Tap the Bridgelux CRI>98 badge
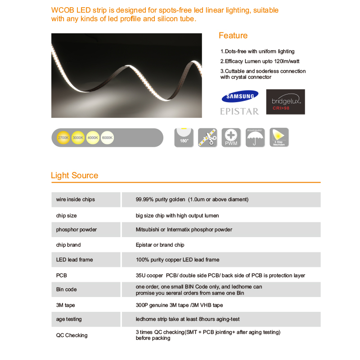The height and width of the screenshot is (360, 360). (285, 102)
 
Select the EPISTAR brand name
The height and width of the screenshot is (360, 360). (239, 111)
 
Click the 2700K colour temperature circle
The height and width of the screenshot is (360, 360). (63, 137)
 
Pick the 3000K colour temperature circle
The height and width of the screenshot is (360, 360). (78, 137)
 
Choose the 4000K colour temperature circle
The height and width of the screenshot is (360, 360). (93, 137)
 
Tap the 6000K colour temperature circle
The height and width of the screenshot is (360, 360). (107, 137)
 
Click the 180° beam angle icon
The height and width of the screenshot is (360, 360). (184, 137)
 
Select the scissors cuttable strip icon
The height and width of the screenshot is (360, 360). (207, 137)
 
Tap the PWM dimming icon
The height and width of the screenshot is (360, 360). (231, 137)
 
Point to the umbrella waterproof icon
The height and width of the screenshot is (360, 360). (255, 137)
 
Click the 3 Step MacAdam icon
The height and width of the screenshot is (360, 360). (279, 137)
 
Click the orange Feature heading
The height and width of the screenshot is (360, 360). (233, 36)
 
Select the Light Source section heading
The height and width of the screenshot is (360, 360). (74, 175)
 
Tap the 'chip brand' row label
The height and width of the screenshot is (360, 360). (68, 245)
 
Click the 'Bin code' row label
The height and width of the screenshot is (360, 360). (67, 289)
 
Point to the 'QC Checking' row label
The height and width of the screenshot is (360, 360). (72, 335)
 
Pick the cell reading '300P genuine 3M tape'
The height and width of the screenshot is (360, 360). (180, 305)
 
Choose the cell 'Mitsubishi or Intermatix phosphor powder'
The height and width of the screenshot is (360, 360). (184, 229)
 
